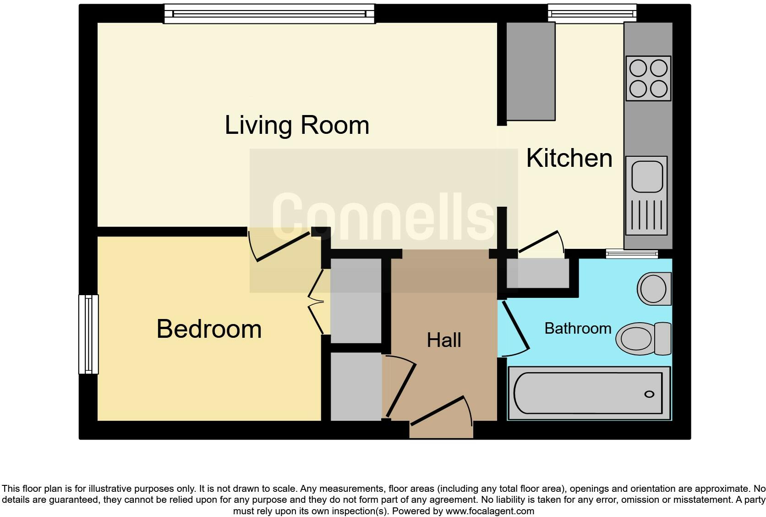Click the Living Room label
pos(297,125)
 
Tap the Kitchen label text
pos(569,158)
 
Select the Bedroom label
pos(209,329)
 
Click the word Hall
pos(443,340)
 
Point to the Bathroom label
pos(578,328)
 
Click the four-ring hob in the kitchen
pos(648,78)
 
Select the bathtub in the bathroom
pos(588,393)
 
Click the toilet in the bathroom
pos(643,339)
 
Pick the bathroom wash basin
pos(654,289)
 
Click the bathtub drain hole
pos(649,394)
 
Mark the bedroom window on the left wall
pos(88,334)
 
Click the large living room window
pos(269,14)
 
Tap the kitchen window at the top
pos(592,13)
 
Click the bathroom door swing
pos(515,329)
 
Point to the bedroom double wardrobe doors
pos(316,302)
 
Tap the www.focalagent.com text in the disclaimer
pos(490,511)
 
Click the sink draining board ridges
pos(646,214)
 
